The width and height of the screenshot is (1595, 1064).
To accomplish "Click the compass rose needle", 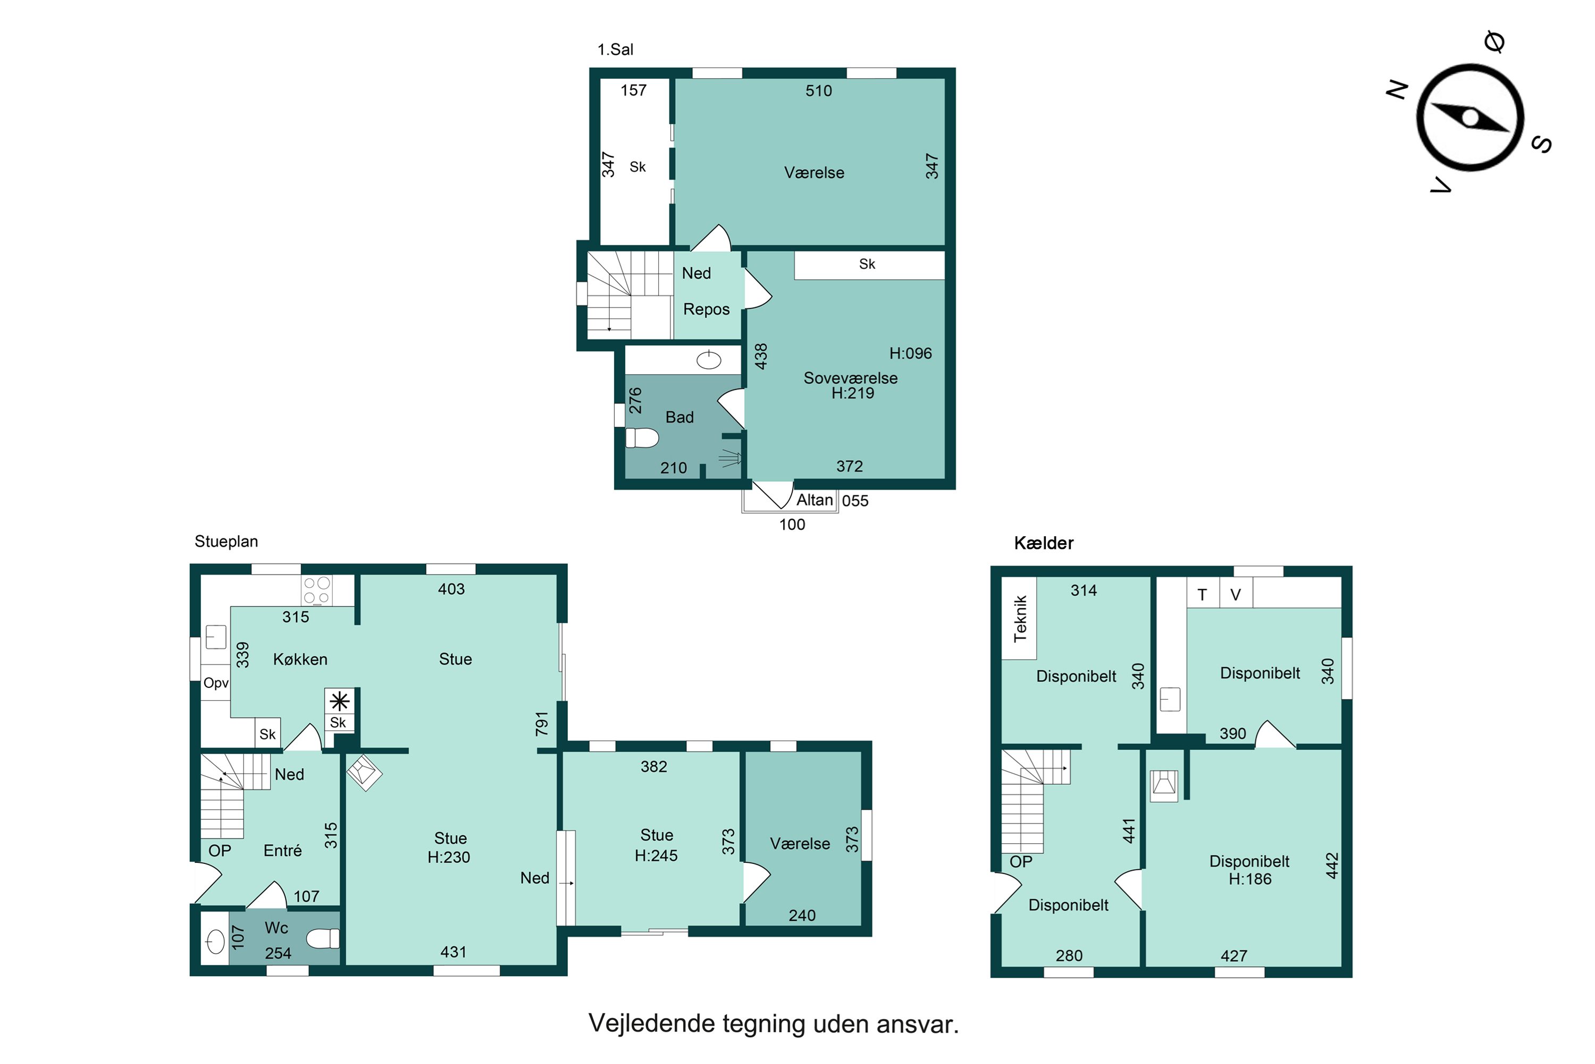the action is coord(1470,118).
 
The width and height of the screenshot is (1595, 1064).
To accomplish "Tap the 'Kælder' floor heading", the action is coord(1044,543).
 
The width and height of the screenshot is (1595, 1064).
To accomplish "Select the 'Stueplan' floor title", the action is coord(226,542).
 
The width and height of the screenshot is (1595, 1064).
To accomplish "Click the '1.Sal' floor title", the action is coord(615,49).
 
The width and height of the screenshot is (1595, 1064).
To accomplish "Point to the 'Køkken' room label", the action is coord(300,659).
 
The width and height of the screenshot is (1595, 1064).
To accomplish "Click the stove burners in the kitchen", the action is coord(317,589).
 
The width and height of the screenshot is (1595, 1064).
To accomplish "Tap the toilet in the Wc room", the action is coord(323,938).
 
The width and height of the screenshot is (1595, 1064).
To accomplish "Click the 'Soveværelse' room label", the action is coord(850,378).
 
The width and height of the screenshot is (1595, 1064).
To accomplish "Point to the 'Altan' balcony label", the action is coord(814,500).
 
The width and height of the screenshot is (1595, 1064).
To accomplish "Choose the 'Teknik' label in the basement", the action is coord(1020,618).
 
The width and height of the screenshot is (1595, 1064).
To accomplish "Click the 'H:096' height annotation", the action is coord(910,354).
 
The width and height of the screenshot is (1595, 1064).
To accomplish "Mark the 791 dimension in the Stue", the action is coord(541,724).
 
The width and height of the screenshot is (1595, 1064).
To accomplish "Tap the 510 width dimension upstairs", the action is coord(819,91).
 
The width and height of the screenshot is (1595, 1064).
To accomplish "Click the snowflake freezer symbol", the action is coord(340,701).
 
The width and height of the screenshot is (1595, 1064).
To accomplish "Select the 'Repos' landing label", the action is coord(706,310).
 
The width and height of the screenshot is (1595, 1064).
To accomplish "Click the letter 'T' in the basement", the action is coord(1202,595).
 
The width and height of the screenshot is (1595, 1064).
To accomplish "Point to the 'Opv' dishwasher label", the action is coord(216,683).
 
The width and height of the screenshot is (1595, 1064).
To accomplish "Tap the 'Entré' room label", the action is coord(282,850).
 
